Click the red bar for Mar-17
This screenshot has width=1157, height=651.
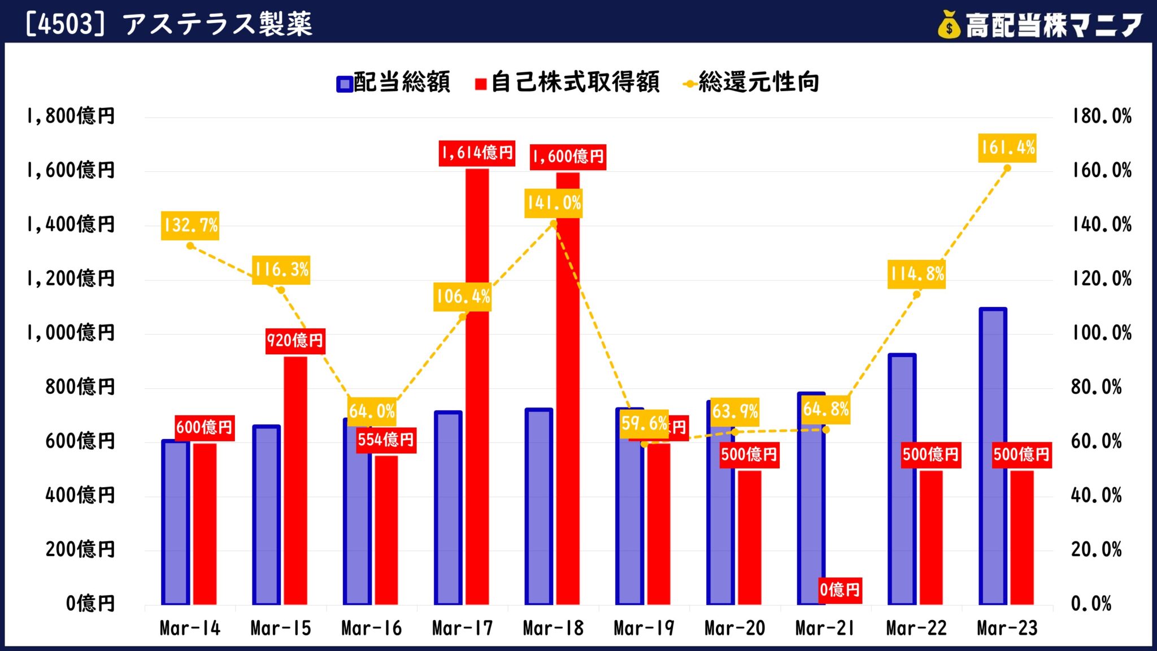point(477,396)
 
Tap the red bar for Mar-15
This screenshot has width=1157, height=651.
point(295,480)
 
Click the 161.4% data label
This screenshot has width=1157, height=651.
point(1007,148)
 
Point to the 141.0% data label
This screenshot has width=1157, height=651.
point(553,203)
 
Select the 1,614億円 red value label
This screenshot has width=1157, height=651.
point(477,153)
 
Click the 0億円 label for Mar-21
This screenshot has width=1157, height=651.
point(840,590)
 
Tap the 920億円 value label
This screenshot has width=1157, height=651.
point(295,340)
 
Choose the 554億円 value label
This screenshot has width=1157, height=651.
point(386,440)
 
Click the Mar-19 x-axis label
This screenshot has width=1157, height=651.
point(644,628)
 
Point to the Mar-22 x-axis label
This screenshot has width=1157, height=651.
point(916,628)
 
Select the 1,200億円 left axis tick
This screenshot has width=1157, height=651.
point(71,279)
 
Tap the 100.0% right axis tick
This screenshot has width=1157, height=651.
point(1101,333)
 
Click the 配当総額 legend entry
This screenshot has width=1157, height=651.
point(393,83)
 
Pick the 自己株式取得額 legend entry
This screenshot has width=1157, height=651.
point(568,83)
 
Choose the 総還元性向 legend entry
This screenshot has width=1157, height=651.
point(751,83)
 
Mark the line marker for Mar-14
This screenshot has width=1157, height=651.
point(190,246)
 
